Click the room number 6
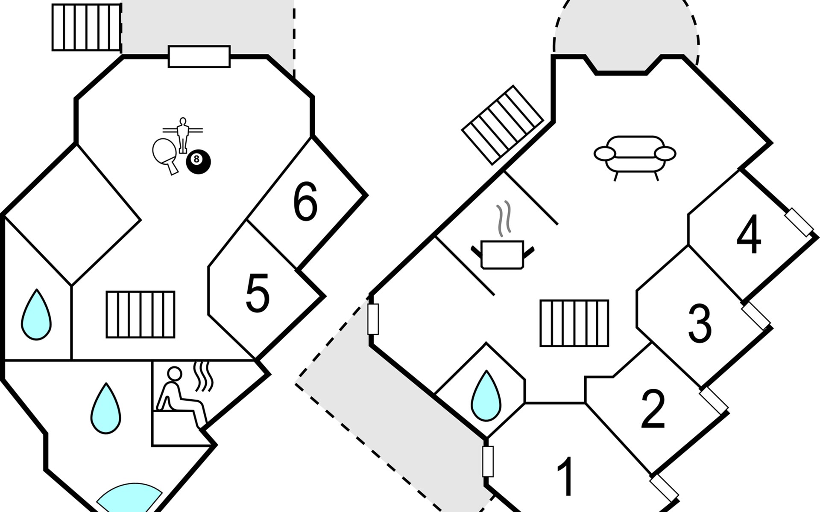click(305, 201)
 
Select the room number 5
click(258, 293)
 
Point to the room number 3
click(700, 323)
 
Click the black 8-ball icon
click(198, 161)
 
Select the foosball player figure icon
click(183, 135)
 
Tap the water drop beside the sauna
click(105, 408)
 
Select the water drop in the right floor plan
click(486, 396)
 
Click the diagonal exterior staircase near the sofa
click(503, 125)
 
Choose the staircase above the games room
click(87, 27)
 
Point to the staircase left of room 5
click(141, 314)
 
